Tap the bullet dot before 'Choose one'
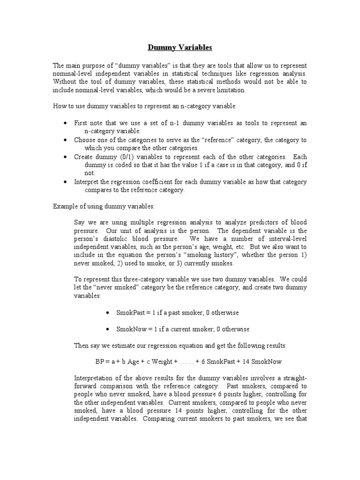pos(65,140)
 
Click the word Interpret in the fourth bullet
pos(86,181)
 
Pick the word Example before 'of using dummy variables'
pos(64,207)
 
